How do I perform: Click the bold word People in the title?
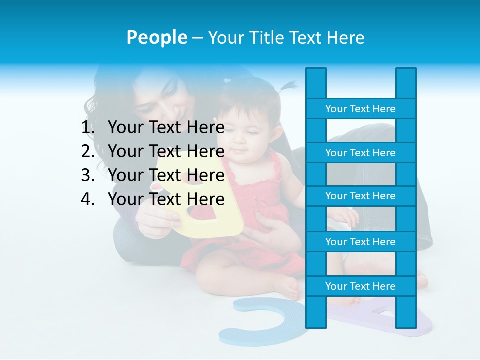click(x=156, y=37)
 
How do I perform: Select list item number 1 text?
click(x=166, y=127)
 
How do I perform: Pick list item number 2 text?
click(x=166, y=151)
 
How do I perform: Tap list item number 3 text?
click(x=166, y=175)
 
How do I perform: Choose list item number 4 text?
click(x=166, y=199)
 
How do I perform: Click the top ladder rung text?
click(x=360, y=109)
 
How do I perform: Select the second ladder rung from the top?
click(x=360, y=153)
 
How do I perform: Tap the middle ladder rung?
click(x=360, y=196)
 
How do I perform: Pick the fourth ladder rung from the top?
click(x=360, y=242)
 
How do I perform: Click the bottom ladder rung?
click(x=360, y=286)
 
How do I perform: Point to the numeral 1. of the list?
click(x=88, y=127)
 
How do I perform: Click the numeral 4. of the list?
click(x=88, y=199)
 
